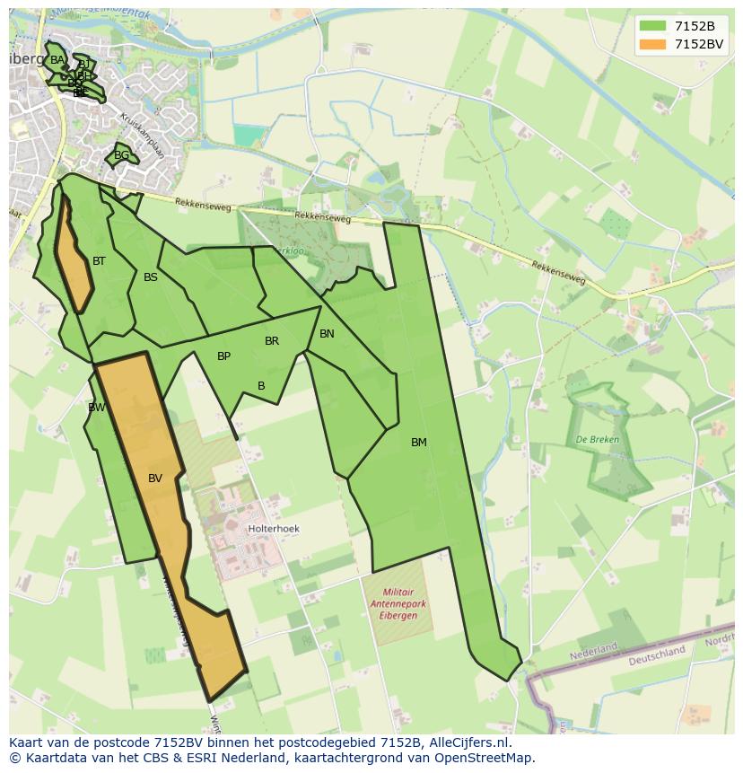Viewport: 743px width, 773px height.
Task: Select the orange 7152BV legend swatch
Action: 652,44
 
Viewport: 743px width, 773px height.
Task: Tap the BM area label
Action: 419,443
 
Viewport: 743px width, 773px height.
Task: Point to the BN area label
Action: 327,334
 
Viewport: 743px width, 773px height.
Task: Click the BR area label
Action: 272,341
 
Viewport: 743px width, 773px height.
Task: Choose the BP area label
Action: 223,356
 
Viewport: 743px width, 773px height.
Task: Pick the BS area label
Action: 150,277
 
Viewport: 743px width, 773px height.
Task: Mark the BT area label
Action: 99,261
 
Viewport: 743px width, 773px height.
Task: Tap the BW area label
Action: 96,408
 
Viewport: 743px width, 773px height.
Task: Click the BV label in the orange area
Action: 155,479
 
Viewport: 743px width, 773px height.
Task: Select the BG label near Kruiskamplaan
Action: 121,155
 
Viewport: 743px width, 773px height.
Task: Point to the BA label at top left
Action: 57,60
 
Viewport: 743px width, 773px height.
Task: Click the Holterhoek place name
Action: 274,530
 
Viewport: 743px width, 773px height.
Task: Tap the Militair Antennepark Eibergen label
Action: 398,604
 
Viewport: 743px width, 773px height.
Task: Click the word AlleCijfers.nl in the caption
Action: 468,742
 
